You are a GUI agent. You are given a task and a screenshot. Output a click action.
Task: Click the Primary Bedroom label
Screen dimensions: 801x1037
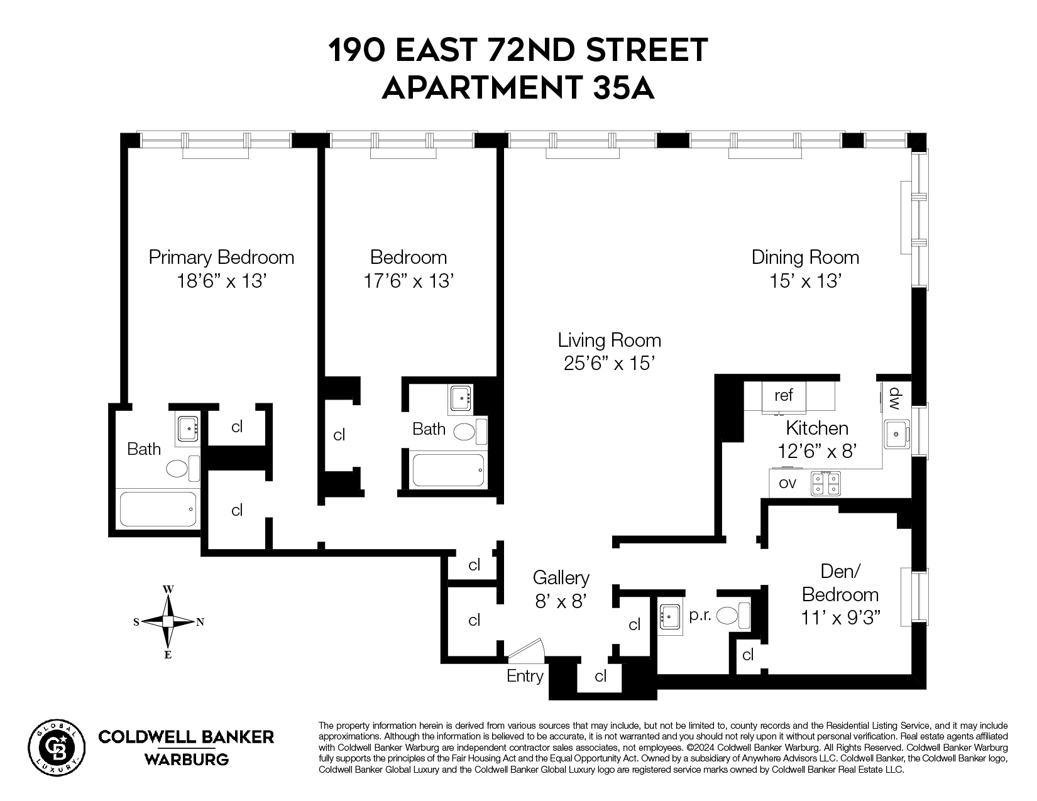click(x=221, y=257)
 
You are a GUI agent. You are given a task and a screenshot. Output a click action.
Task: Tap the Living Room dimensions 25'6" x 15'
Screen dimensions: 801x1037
click(x=610, y=363)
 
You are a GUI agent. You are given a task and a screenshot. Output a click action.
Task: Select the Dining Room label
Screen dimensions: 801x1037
click(x=805, y=257)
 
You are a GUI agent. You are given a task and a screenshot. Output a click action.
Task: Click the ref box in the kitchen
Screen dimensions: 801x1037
click(x=784, y=395)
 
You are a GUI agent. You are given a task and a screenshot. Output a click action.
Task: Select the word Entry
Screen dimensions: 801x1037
click(x=525, y=676)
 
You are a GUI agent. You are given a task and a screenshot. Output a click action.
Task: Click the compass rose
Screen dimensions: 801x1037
click(x=168, y=622)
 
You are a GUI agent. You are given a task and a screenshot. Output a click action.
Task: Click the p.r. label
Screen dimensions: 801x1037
click(x=700, y=616)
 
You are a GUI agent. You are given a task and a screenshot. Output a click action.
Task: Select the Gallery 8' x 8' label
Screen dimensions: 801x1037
click(x=561, y=589)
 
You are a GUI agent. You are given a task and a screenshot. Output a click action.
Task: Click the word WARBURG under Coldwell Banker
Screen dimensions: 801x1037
click(x=187, y=760)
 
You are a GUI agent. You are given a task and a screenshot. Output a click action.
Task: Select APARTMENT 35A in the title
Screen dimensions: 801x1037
click(x=518, y=88)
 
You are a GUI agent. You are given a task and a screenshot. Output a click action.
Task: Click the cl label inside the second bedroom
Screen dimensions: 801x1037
click(x=339, y=435)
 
